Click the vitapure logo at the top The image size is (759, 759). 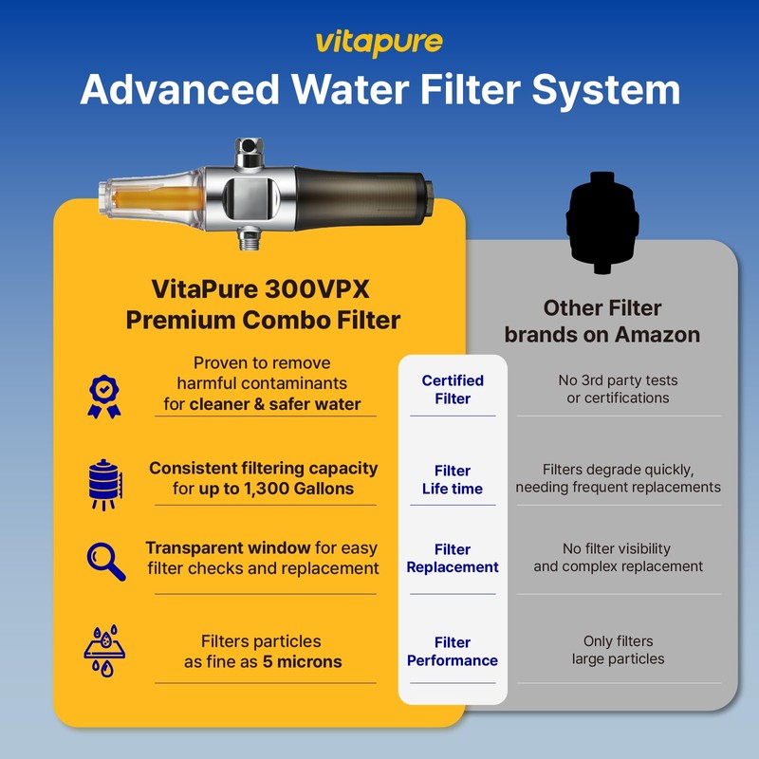point(379,44)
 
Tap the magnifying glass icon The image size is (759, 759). point(105,561)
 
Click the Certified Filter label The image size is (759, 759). point(453,390)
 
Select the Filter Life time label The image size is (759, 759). point(453,480)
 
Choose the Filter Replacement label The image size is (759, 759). point(453,558)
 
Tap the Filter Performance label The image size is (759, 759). point(453,651)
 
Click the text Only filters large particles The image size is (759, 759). point(618,650)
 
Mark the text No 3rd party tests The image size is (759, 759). point(618,380)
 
